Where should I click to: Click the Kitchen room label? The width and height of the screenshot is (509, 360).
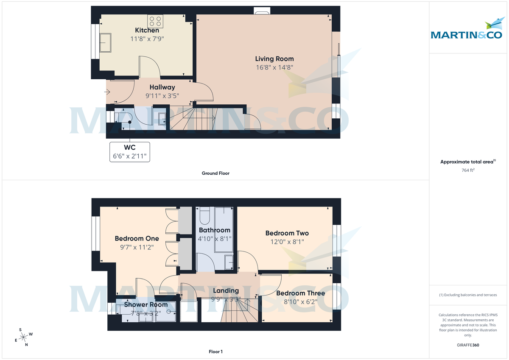[147, 30]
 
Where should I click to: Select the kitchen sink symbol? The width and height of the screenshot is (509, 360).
[105, 42]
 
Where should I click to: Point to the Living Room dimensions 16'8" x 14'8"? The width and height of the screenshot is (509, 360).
[274, 67]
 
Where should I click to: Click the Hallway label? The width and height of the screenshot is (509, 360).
[162, 87]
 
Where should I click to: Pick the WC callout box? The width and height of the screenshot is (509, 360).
[129, 151]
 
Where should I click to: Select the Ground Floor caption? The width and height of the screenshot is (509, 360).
[215, 173]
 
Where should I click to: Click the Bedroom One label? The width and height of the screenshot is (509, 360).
[137, 238]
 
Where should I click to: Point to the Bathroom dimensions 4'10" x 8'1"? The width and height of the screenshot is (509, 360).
[215, 238]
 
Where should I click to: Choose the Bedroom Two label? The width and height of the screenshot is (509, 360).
[287, 233]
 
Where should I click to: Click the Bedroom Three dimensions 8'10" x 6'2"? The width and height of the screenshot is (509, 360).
[300, 302]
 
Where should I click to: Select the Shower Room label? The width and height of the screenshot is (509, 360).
[145, 304]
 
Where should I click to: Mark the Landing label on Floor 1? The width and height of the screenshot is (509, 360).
[226, 290]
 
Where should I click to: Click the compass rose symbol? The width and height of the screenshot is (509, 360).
[23, 337]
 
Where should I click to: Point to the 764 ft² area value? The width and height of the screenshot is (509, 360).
[467, 170]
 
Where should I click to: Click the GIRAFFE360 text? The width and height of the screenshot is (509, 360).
[467, 345]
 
